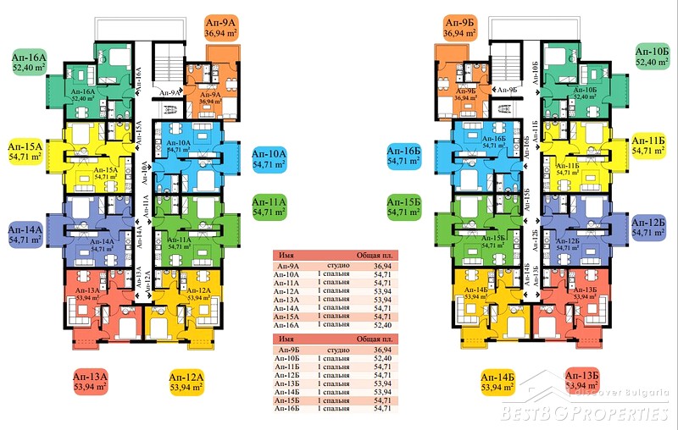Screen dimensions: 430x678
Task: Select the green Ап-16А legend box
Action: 29,62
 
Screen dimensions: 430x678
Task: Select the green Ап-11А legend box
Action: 270,207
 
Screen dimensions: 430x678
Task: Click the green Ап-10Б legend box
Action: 652,57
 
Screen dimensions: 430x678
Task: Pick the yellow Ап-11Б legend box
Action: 652,145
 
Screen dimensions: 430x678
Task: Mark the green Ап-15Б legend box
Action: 404,207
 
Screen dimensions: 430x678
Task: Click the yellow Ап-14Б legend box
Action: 497,382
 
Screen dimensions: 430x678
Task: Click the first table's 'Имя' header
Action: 287,256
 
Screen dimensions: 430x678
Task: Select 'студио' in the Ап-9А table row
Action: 330,265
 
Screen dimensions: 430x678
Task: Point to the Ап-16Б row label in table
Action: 288,409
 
